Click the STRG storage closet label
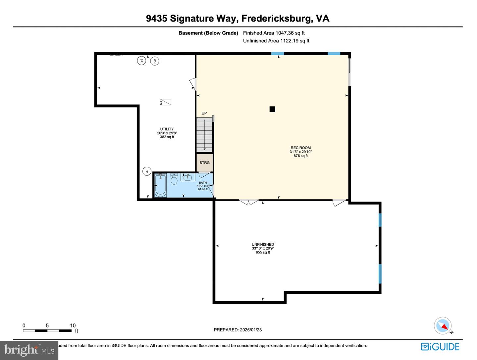204,162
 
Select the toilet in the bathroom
174,180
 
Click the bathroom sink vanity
188,177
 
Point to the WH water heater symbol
154,61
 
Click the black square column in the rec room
272,109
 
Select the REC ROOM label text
300,148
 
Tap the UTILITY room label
167,129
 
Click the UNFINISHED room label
263,245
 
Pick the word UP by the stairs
204,113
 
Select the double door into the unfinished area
249,202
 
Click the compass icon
443,326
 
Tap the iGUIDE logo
440,347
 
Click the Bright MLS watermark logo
29,350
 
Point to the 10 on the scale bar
73,326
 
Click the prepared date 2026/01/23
238,330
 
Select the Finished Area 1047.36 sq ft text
274,33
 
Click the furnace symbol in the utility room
165,102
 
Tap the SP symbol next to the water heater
141,61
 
